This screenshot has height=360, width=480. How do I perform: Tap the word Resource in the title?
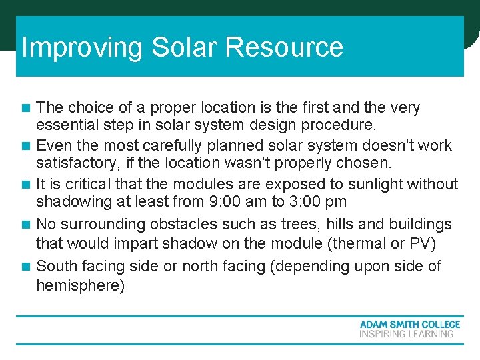tap(284, 48)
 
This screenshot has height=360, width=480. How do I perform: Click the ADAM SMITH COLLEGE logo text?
tap(410, 324)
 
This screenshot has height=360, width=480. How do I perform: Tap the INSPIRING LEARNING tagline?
tap(407, 333)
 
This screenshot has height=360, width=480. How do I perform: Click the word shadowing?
tap(71, 202)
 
